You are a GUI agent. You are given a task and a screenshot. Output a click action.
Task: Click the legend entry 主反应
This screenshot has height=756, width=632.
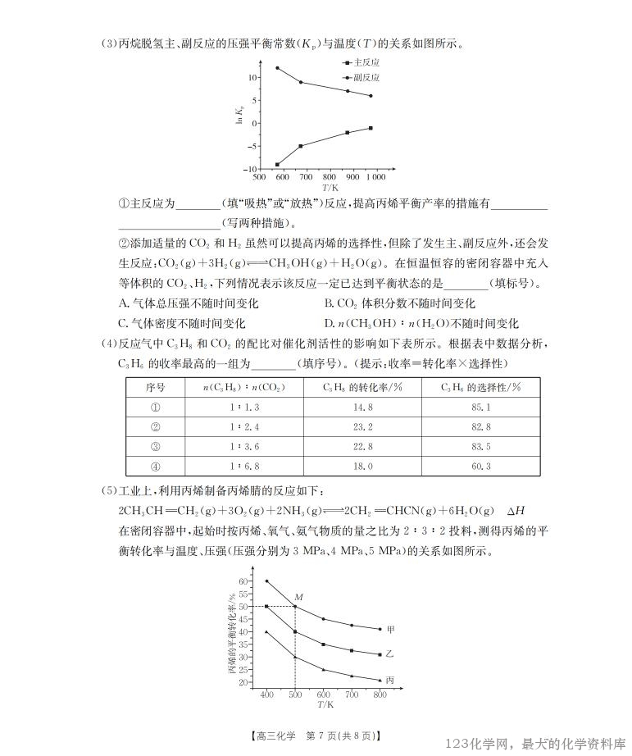pos(366,62)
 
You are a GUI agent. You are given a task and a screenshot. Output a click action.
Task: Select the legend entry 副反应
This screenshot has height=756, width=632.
pos(366,78)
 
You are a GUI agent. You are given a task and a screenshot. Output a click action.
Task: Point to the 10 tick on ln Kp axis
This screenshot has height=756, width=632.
pos(252,78)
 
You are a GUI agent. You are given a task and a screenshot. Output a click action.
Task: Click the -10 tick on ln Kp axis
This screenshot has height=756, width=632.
pos(251,169)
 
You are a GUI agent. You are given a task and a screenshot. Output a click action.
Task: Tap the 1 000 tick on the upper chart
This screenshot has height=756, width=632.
pos(375,177)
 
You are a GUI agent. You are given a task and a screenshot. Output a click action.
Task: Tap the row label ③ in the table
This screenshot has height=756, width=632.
pos(156,446)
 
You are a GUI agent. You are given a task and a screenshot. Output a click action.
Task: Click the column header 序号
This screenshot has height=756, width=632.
pos(156,387)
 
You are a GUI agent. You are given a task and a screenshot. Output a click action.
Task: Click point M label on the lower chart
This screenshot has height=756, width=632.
pos(298,597)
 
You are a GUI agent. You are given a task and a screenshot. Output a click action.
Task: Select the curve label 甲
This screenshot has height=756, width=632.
pos(391,630)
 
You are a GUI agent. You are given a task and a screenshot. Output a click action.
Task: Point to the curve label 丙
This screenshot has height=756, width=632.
pos(390,681)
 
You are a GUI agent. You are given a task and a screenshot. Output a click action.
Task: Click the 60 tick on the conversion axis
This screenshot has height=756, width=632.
pos(243,581)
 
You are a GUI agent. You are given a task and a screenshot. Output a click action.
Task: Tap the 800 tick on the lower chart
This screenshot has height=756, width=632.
pos(380,695)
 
